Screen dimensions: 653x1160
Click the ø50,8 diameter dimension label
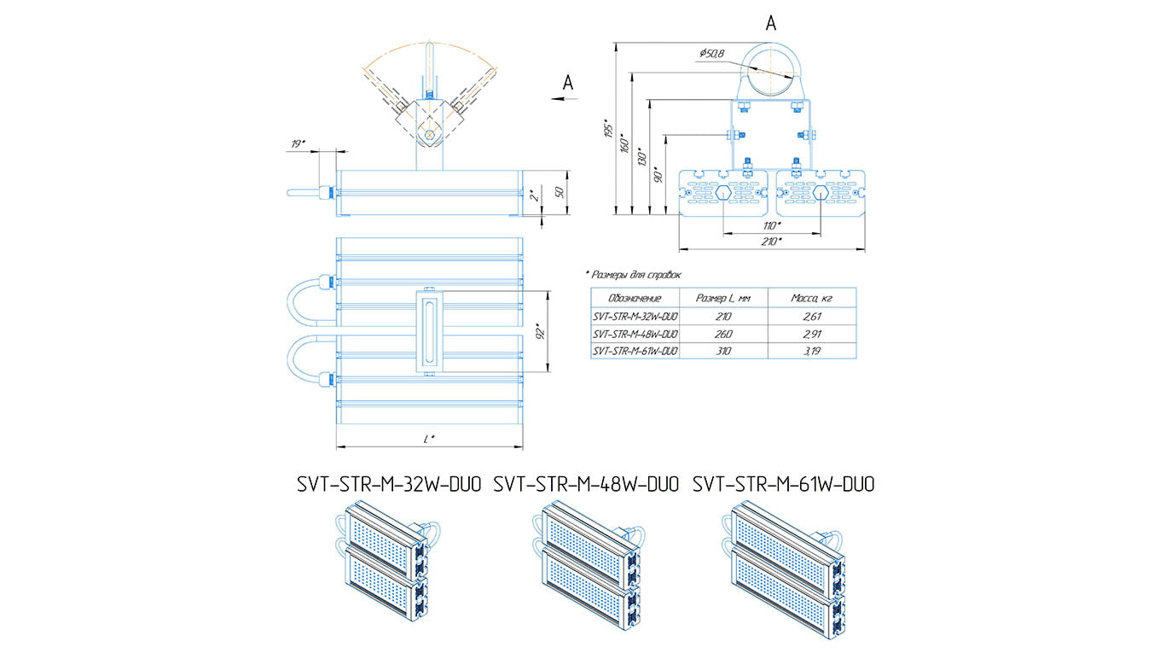pyautogui.click(x=711, y=55)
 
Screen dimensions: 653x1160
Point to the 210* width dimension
pyautogui.click(x=771, y=242)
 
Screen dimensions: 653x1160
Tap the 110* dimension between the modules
pyautogui.click(x=771, y=225)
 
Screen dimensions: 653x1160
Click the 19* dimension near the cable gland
pyautogui.click(x=299, y=144)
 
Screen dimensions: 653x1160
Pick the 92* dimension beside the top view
pyautogui.click(x=538, y=330)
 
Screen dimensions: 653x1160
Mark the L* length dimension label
pyautogui.click(x=430, y=439)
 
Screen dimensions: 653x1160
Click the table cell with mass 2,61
pyautogui.click(x=811, y=316)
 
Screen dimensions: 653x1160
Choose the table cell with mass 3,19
pyautogui.click(x=811, y=351)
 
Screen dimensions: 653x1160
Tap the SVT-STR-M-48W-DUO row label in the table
pyautogui.click(x=635, y=334)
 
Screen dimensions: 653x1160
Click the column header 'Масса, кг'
pyautogui.click(x=811, y=298)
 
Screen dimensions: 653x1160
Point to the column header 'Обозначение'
pyautogui.click(x=635, y=298)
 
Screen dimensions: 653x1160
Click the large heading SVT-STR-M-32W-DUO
pyautogui.click(x=389, y=485)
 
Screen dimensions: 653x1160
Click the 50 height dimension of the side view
pyautogui.click(x=560, y=192)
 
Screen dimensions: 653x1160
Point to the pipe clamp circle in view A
pyautogui.click(x=770, y=67)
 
